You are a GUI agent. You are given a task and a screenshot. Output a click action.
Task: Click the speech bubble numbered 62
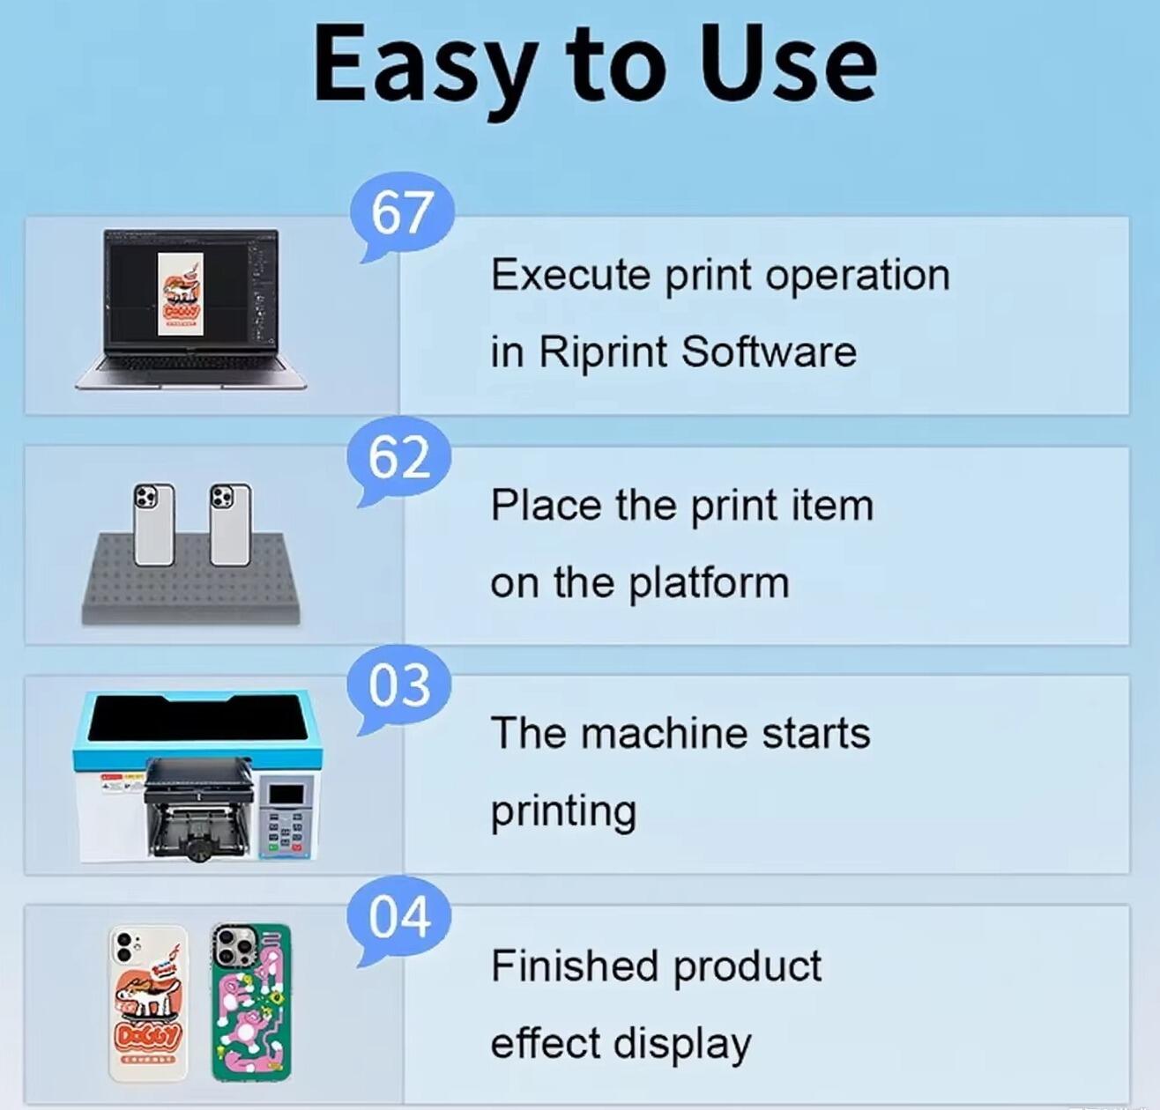pyautogui.click(x=399, y=458)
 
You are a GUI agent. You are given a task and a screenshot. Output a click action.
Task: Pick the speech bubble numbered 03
pyautogui.click(x=399, y=687)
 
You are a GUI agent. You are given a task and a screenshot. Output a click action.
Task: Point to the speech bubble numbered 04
pyautogui.click(x=399, y=917)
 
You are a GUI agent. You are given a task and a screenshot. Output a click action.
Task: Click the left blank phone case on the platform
pyautogui.click(x=153, y=525)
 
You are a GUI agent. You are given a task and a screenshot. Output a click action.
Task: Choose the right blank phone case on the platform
pyautogui.click(x=229, y=525)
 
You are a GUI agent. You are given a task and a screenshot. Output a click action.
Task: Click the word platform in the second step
pyautogui.click(x=709, y=584)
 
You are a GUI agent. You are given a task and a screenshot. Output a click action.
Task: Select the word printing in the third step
pyautogui.click(x=562, y=811)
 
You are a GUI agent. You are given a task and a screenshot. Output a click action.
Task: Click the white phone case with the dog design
pyautogui.click(x=148, y=1003)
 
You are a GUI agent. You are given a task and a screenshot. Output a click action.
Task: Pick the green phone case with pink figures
pyautogui.click(x=251, y=1003)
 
